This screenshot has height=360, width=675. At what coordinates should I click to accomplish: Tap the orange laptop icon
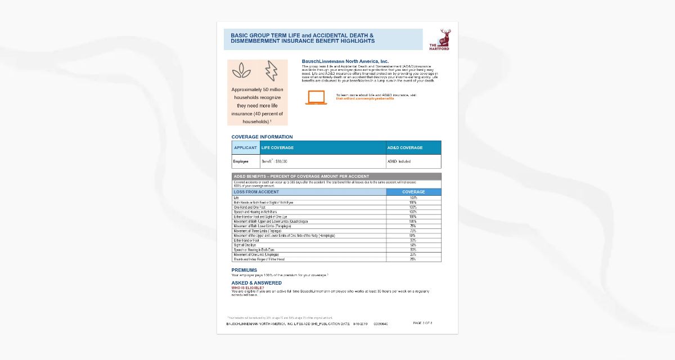coord(316,97)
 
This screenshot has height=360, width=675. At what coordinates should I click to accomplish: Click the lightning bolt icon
coord(271,70)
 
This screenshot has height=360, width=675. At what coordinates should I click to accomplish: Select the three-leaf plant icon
coord(242,70)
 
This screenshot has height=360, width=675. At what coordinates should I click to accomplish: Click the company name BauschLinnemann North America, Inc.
coord(345,61)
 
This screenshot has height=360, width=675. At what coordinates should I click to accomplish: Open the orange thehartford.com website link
coord(365,98)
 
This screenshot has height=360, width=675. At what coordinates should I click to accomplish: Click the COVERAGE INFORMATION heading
coord(262,137)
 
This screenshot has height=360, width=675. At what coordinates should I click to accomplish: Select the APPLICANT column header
coord(245,148)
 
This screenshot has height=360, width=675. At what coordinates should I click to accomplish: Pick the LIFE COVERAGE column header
coord(278,148)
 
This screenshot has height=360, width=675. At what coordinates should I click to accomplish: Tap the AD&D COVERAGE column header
coord(405,148)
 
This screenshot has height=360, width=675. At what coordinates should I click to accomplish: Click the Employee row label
coord(241,161)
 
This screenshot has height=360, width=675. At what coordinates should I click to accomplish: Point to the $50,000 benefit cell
coord(275,161)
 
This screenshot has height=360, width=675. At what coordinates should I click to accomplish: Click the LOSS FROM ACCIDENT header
coord(256,192)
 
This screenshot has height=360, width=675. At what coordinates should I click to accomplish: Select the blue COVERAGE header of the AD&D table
coord(413,192)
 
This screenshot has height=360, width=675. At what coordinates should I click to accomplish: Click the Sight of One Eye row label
coord(245,245)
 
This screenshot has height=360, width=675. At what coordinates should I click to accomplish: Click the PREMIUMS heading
coord(244,270)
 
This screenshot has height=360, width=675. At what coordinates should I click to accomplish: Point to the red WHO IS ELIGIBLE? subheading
coord(247,287)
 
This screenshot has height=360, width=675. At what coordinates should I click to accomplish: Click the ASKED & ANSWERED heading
coord(256,283)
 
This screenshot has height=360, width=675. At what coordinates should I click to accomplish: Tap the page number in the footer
coord(422,323)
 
